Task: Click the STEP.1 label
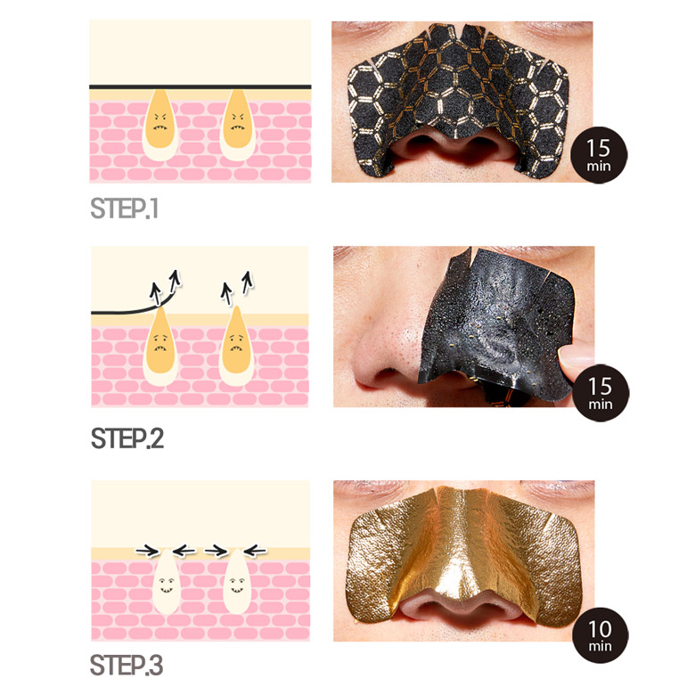tap(124, 208)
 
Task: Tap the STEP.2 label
tap(127, 438)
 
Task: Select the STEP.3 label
tap(127, 665)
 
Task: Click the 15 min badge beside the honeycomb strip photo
tap(599, 155)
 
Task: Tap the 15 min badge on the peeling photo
tap(601, 393)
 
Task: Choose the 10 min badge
tap(601, 634)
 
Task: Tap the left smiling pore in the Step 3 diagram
tap(166, 582)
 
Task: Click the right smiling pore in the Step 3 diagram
tap(237, 582)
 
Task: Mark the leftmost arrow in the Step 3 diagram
tap(147, 551)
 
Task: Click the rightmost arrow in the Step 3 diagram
tap(256, 551)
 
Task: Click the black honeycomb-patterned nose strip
tap(458, 97)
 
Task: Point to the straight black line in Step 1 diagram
tap(200, 87)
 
